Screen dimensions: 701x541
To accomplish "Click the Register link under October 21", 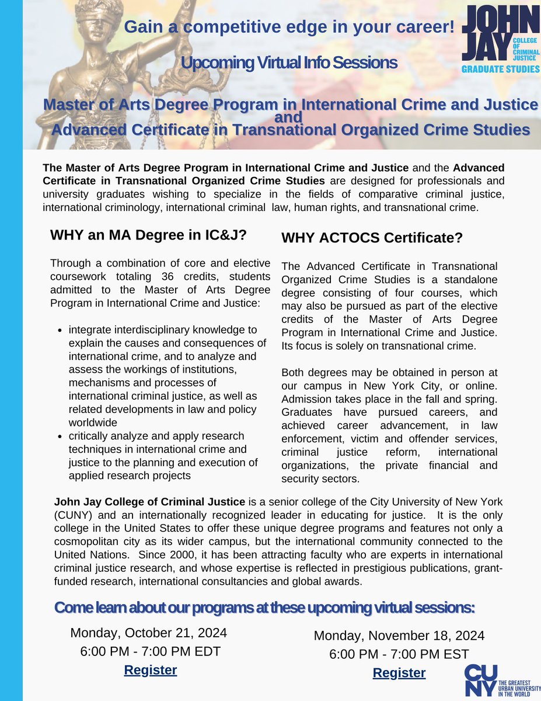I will (151, 669).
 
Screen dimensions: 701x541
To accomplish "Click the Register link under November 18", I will (399, 672).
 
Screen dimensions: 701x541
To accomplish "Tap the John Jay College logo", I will (500, 35).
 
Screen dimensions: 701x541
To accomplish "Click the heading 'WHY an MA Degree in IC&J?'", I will (148, 235).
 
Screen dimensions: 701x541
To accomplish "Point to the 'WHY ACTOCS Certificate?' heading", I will (372, 238).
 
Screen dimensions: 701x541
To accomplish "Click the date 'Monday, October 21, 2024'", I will (149, 633).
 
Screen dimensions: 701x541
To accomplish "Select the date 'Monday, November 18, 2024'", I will (399, 636).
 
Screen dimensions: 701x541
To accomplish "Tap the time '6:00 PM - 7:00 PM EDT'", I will (150, 651).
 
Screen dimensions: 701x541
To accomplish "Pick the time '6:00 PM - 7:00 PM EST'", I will (399, 654).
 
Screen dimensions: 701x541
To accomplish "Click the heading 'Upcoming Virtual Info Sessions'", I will (289, 63).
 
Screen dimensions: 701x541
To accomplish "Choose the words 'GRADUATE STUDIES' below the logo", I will (500, 68).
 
